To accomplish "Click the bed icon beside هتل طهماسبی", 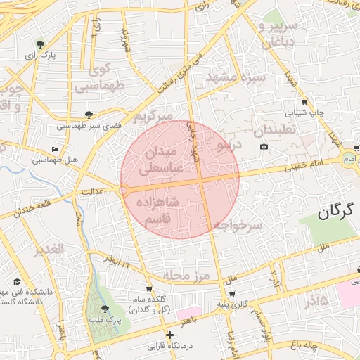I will tap(56, 149).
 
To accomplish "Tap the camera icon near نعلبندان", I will tap(264, 146).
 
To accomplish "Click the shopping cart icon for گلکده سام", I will tap(149, 288).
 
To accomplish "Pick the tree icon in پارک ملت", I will tap(105, 309).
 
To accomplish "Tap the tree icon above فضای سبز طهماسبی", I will tap(88, 114).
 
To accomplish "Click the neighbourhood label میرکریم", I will tap(154, 113).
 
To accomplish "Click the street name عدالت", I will tap(94, 191).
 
